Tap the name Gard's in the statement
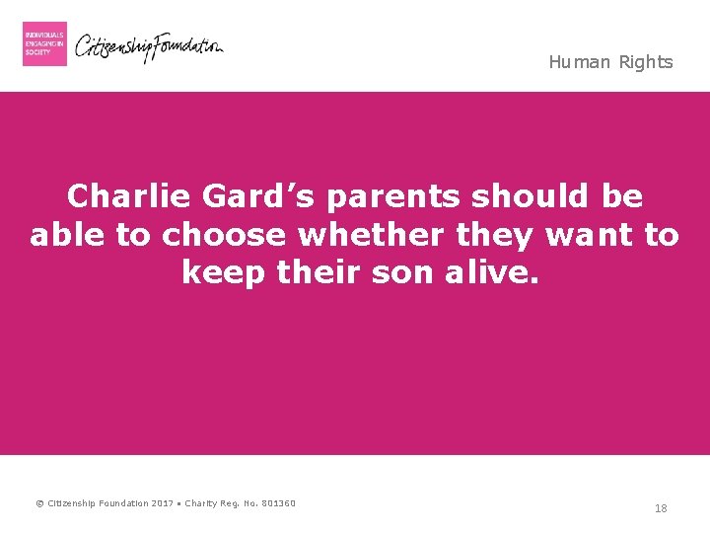260,197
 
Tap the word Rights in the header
646,62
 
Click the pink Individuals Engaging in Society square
44,43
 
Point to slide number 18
661,508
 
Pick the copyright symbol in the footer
39,503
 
